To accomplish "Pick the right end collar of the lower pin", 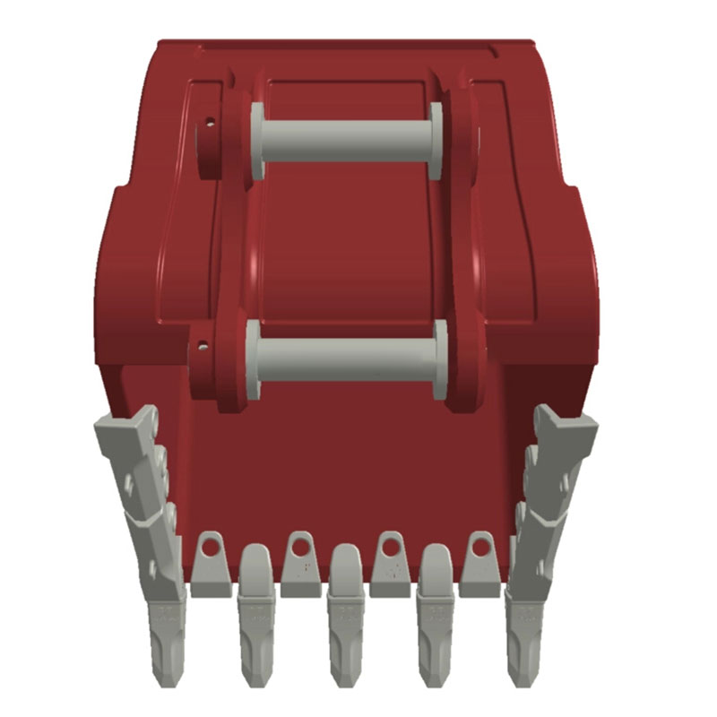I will tap(440, 359).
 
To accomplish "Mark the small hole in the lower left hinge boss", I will tap(204, 344).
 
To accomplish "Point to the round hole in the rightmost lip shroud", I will tap(481, 545).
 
